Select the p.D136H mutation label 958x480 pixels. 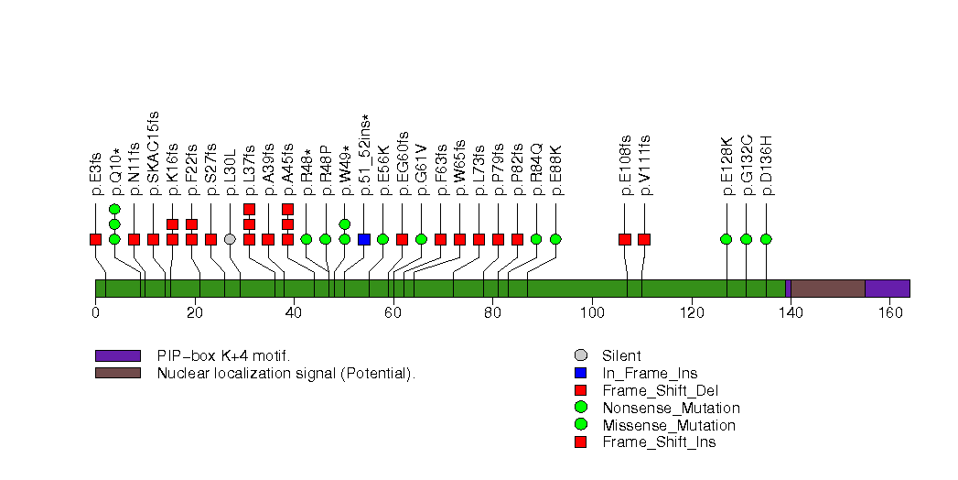(x=767, y=166)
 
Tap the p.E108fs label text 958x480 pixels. (x=626, y=166)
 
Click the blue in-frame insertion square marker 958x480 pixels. (x=364, y=239)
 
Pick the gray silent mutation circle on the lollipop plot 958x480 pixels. (x=230, y=239)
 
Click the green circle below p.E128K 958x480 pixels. (x=727, y=239)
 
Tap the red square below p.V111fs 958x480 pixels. (x=644, y=239)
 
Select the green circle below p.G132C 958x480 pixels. (x=746, y=239)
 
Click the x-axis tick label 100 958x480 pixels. (x=591, y=311)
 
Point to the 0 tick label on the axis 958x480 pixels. (x=95, y=311)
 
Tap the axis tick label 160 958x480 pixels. (x=889, y=311)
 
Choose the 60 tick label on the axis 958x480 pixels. (x=393, y=311)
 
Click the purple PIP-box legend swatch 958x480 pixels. (x=117, y=355)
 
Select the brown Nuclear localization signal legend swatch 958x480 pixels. (x=117, y=373)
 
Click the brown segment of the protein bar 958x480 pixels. (x=827, y=289)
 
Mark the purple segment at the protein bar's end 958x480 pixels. (x=887, y=289)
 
